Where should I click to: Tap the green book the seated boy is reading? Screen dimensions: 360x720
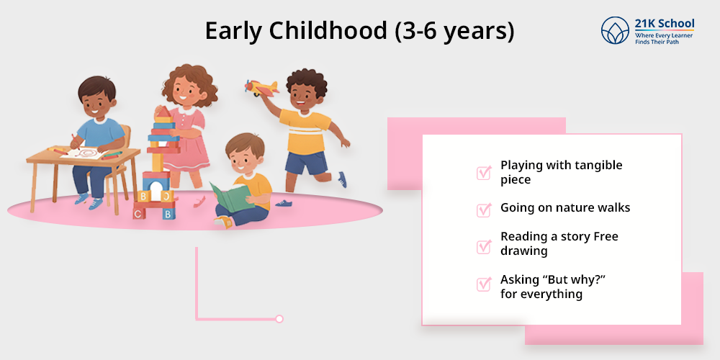pyautogui.click(x=230, y=194)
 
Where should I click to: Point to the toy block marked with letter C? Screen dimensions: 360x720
pyautogui.click(x=139, y=213)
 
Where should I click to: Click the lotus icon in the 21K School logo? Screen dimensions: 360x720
pyautogui.click(x=616, y=30)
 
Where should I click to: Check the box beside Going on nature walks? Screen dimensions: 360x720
pyautogui.click(x=484, y=210)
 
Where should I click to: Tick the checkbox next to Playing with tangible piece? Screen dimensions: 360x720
pyautogui.click(x=484, y=173)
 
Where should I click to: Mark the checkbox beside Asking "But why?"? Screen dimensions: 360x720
pyautogui.click(x=484, y=284)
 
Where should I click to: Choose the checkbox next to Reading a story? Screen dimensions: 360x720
pyautogui.click(x=484, y=246)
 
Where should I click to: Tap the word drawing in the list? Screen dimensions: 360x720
pyautogui.click(x=524, y=251)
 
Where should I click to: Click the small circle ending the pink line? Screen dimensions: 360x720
pyautogui.click(x=279, y=318)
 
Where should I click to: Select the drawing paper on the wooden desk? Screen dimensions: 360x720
pyautogui.click(x=84, y=153)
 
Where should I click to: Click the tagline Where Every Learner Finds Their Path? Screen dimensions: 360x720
pyautogui.click(x=662, y=39)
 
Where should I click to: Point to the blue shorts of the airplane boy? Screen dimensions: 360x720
pyautogui.click(x=305, y=162)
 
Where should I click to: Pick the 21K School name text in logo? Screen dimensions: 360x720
pyautogui.click(x=664, y=24)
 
